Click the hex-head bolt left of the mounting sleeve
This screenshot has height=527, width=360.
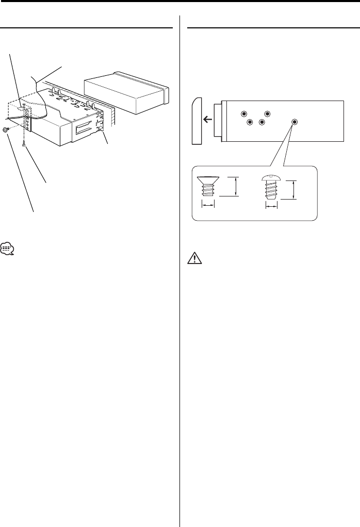tap(5, 130)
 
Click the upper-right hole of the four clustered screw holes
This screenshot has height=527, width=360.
tap(267, 113)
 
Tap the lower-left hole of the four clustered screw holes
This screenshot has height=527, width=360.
tap(250, 122)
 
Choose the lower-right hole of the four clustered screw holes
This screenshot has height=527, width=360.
tap(261, 122)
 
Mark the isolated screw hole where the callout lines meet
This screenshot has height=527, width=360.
tap(294, 122)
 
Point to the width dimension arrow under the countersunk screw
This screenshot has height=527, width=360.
tap(208, 205)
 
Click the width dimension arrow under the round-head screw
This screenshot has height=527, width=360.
tap(271, 205)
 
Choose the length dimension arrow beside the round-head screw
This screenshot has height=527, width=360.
tap(294, 189)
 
